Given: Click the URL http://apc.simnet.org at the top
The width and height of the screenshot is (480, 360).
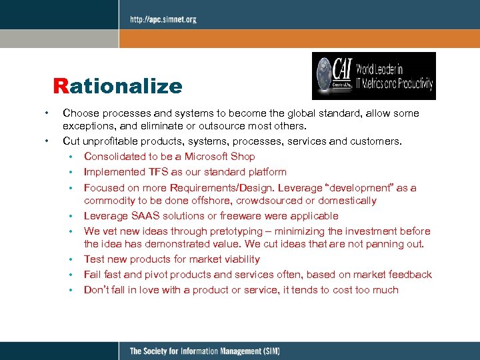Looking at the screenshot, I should click(x=163, y=19).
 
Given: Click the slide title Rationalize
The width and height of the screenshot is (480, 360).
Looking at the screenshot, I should click(x=118, y=86).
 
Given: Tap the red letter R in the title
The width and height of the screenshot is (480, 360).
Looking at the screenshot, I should click(x=61, y=86).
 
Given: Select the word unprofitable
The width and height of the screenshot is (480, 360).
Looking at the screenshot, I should click(x=109, y=141).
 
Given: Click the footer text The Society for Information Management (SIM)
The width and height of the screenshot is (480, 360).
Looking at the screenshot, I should click(x=204, y=351).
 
